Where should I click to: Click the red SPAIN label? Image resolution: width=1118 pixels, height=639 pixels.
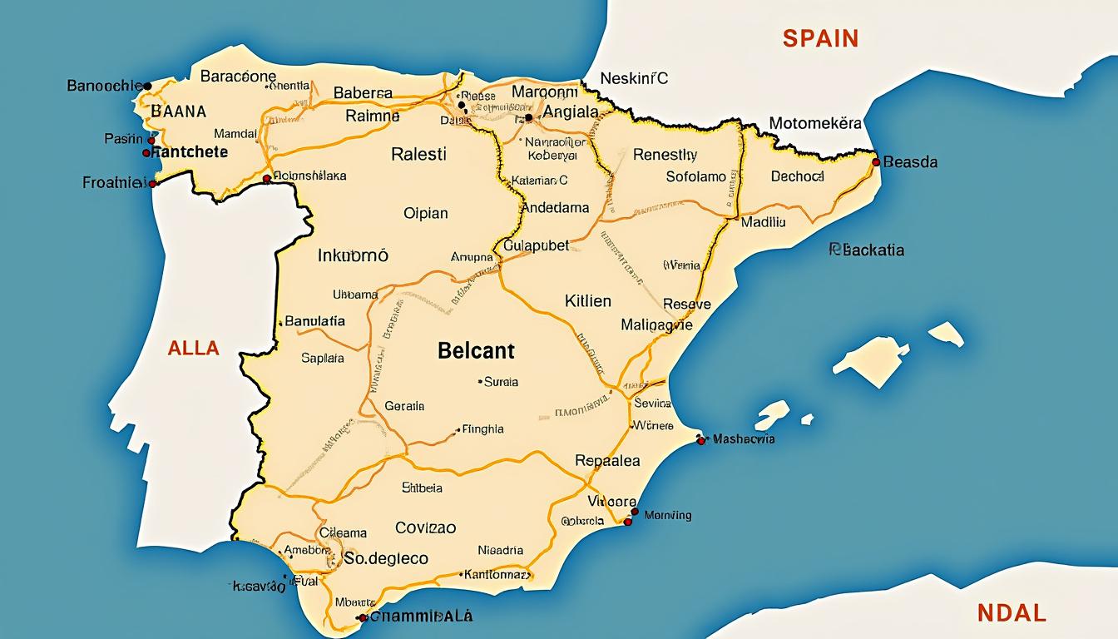819,38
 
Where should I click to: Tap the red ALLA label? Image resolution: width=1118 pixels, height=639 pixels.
193,348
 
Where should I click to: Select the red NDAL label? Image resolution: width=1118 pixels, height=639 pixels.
1012,613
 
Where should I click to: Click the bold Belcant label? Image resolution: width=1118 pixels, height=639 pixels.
476,350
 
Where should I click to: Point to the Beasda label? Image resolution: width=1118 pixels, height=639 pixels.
910,162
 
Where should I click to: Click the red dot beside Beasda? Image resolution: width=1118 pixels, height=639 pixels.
876,162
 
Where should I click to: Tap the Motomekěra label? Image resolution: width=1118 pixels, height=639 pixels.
815,124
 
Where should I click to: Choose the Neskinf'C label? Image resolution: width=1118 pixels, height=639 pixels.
635,79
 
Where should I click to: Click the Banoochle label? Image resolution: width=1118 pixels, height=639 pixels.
103,86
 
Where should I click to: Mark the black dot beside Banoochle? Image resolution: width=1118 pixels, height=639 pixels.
147,86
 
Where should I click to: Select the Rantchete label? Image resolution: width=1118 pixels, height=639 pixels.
190,152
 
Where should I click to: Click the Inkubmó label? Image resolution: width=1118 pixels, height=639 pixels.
353,256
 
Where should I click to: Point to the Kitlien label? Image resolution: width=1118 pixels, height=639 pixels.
587,301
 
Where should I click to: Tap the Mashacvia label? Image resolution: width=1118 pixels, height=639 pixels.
744,438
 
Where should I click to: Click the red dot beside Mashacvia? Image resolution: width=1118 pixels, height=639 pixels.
700,439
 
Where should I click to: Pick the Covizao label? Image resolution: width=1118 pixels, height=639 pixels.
425,528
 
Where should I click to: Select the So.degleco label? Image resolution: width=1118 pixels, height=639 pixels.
386,558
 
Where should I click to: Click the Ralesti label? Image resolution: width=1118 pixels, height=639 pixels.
418,154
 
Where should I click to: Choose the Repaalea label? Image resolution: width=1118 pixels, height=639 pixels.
607,460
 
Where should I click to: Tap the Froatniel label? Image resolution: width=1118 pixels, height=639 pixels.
115,182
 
